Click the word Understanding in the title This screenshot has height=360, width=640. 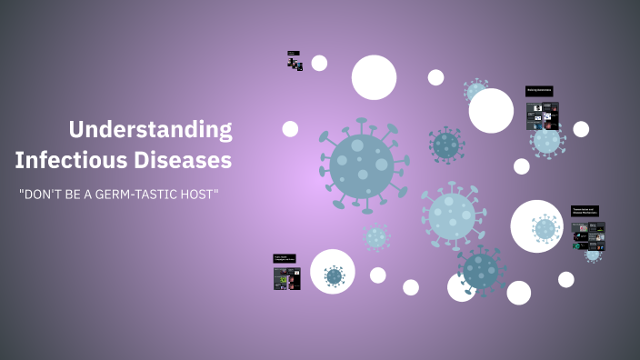[150, 129]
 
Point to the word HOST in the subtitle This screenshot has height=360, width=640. [202, 195]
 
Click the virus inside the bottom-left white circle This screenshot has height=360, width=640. [334, 275]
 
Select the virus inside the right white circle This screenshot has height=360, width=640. [544, 228]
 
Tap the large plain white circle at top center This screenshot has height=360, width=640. [374, 77]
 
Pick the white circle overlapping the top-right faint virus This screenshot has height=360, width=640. [492, 110]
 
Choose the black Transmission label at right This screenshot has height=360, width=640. [585, 210]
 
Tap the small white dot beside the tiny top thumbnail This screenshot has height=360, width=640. [319, 63]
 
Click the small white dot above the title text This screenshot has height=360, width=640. [290, 129]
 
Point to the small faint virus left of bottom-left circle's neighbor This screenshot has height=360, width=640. [376, 237]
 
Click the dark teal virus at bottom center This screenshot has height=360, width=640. [482, 269]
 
